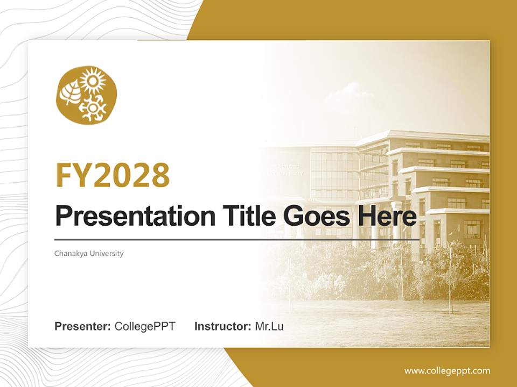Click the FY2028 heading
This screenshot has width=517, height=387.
pos(113,175)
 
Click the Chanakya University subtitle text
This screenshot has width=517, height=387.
pos(89,253)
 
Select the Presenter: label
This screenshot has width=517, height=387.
pos(83,326)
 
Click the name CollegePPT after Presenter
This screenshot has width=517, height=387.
pos(145,326)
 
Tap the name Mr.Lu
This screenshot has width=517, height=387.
pos(269,326)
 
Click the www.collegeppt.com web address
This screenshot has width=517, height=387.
pos(447,371)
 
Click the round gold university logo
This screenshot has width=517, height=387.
pos(86,95)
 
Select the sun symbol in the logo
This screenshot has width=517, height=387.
pos(93,82)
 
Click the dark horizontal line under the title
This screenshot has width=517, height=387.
pos(237,239)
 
